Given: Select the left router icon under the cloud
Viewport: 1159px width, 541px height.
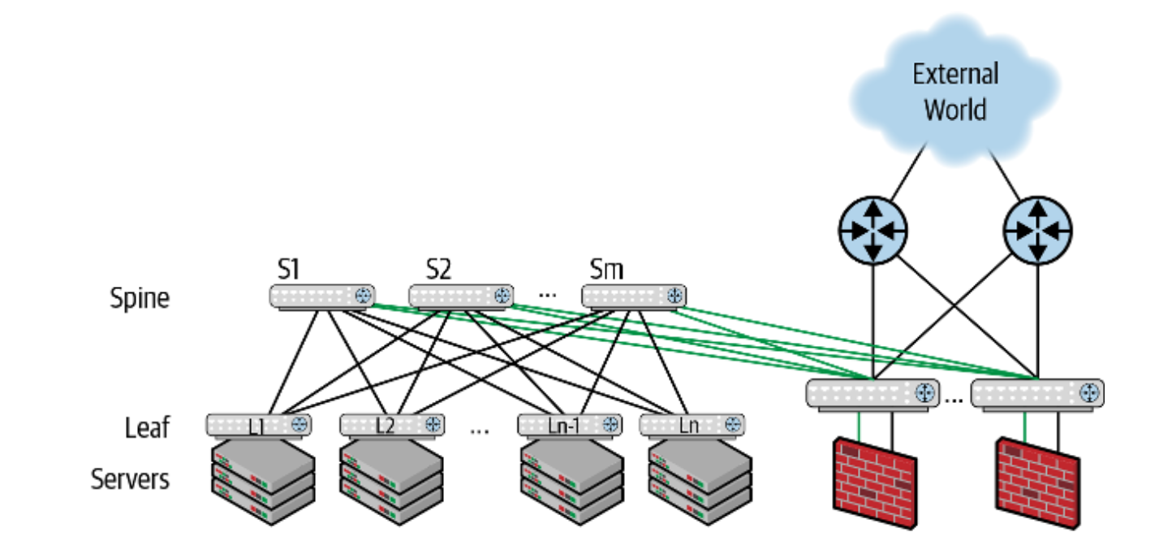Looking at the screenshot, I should pyautogui.click(x=872, y=230).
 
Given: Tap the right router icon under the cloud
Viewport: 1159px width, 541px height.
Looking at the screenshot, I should pyautogui.click(x=1037, y=230).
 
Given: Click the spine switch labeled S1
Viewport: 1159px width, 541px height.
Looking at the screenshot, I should pyautogui.click(x=322, y=296).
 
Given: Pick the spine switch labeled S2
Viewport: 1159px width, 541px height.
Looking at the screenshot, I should pyautogui.click(x=460, y=296).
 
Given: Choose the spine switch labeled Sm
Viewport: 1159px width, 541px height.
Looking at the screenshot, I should pyautogui.click(x=633, y=296).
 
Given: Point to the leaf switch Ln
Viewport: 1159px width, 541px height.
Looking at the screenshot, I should pyautogui.click(x=692, y=424).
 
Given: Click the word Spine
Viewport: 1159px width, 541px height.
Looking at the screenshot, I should pyautogui.click(x=140, y=298).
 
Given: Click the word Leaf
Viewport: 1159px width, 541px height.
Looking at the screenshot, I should pyautogui.click(x=147, y=426).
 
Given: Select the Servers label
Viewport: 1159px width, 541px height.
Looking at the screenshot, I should pyautogui.click(x=131, y=478).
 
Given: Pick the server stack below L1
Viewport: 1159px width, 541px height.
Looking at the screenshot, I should pyautogui.click(x=262, y=482).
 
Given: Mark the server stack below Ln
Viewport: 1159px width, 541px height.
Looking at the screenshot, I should pyautogui.click(x=700, y=482).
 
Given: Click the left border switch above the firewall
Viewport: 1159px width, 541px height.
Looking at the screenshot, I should pyautogui.click(x=872, y=393).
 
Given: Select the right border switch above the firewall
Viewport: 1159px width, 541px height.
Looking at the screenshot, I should pyautogui.click(x=1037, y=393).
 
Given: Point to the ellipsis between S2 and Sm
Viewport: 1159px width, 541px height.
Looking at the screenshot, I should pyautogui.click(x=547, y=293).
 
